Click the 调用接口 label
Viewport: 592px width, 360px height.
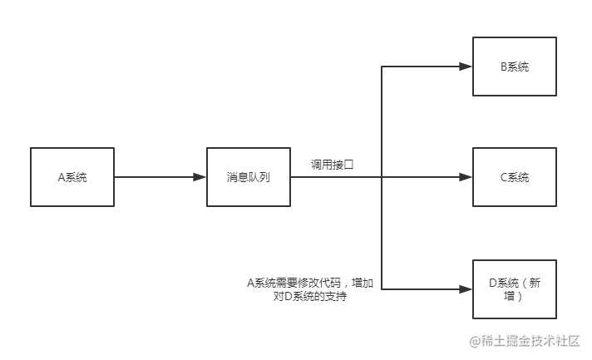[x=333, y=165]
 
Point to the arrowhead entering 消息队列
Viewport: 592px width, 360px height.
[x=200, y=177]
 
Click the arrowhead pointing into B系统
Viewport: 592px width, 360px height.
[x=466, y=67]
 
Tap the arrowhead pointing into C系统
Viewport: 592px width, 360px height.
[x=466, y=177]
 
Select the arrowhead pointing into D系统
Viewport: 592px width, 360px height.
[x=466, y=289]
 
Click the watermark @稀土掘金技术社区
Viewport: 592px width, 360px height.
[x=525, y=341]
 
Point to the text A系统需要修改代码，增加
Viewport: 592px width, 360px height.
[x=310, y=283]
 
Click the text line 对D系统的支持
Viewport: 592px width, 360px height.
[x=310, y=296]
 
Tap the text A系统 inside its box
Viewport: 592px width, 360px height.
[x=72, y=177]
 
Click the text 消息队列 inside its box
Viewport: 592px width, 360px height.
[x=249, y=177]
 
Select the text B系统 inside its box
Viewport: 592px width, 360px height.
[x=515, y=67]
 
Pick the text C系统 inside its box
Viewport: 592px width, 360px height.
[x=515, y=177]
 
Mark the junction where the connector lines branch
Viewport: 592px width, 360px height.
[x=382, y=177]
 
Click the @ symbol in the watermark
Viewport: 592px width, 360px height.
[x=475, y=342]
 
